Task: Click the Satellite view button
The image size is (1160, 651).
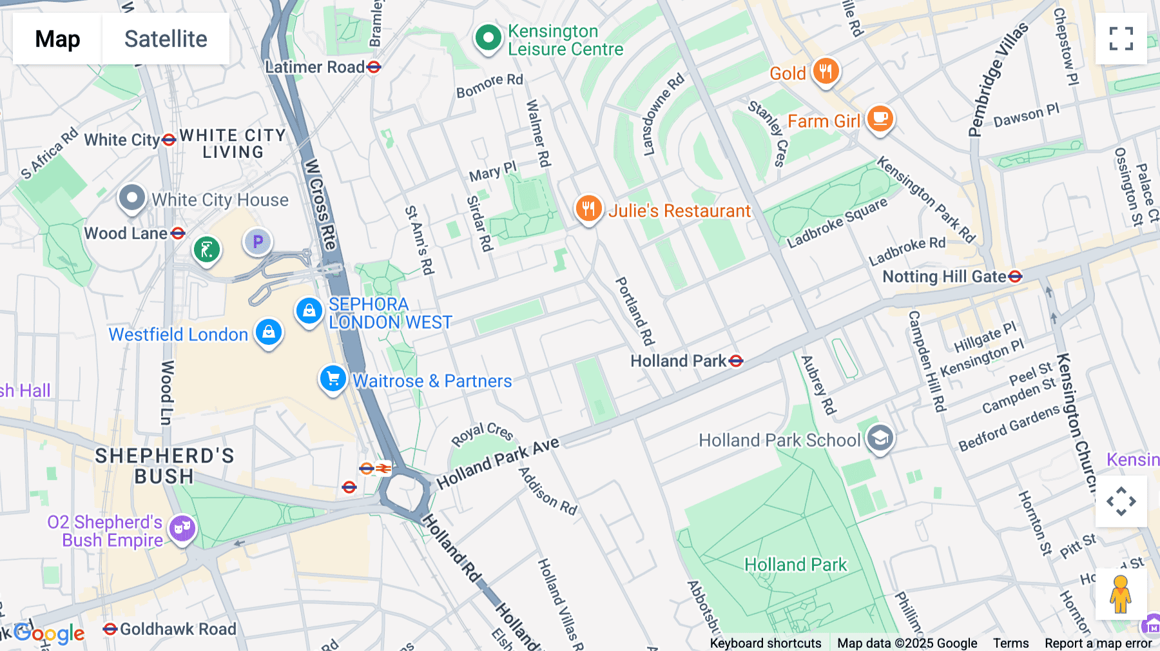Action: click(166, 39)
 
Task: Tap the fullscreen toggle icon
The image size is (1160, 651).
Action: click(1121, 39)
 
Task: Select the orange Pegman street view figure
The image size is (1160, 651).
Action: click(1120, 594)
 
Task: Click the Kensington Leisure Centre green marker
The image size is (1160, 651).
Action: click(488, 38)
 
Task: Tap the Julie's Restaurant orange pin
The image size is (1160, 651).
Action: click(588, 209)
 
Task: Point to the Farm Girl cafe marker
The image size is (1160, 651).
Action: click(880, 119)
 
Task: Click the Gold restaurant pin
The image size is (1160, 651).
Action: click(826, 71)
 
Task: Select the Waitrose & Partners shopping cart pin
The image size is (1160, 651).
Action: click(333, 379)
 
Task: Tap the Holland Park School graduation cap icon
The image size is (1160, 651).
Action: click(880, 439)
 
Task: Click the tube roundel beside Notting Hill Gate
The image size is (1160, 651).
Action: click(1015, 277)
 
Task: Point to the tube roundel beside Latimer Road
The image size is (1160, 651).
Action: click(374, 67)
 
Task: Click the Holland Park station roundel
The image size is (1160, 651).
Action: click(735, 361)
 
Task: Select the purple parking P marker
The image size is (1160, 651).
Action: click(258, 242)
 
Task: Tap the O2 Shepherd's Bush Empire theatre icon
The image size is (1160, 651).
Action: click(182, 529)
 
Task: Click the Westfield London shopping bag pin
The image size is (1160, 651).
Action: click(268, 333)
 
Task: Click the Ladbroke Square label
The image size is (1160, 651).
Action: click(837, 223)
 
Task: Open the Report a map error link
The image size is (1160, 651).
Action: click(1098, 643)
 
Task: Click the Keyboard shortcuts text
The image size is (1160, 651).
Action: click(765, 643)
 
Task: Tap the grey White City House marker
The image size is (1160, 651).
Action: click(132, 198)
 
